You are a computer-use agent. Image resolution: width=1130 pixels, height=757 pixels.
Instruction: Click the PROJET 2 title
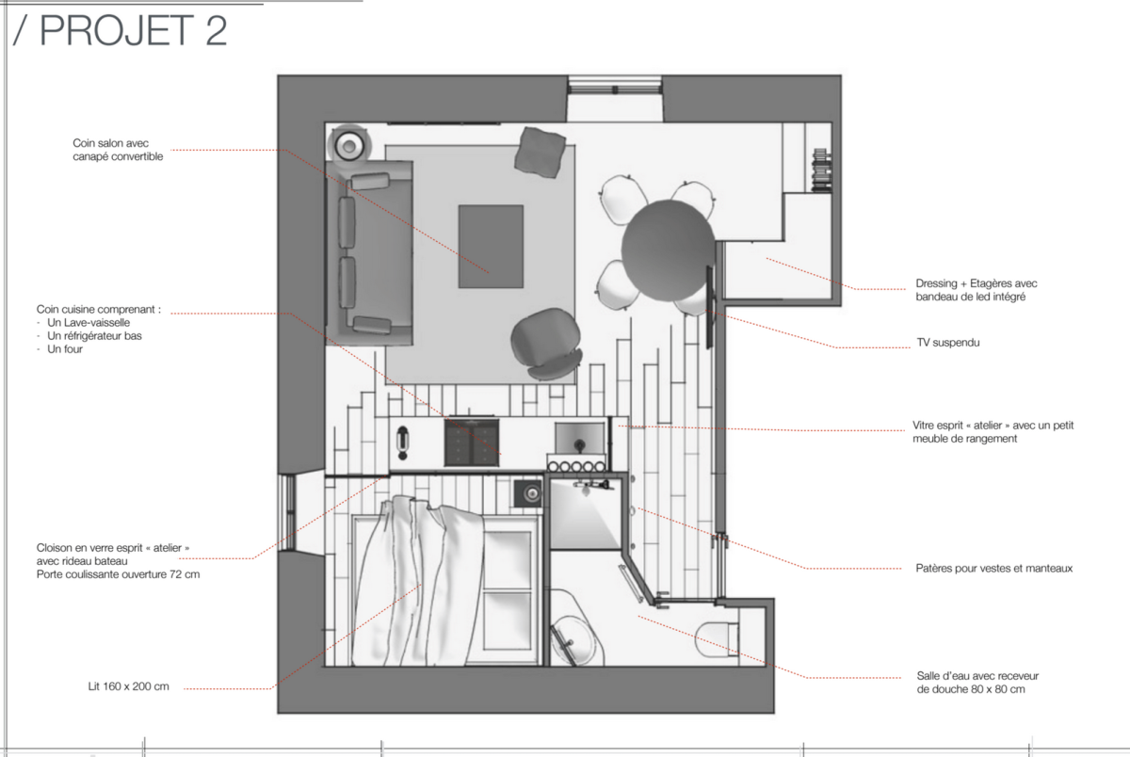(121, 31)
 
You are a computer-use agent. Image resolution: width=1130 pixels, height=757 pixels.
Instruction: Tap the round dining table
(668, 250)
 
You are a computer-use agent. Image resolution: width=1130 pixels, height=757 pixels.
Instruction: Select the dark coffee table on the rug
(491, 247)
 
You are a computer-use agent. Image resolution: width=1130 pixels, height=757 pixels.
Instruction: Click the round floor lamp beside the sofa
(349, 146)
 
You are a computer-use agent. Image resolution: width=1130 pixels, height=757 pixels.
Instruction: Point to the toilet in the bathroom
(717, 639)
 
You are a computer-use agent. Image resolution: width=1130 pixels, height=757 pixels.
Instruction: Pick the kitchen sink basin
(580, 438)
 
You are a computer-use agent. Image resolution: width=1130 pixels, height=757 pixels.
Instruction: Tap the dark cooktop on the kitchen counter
(472, 442)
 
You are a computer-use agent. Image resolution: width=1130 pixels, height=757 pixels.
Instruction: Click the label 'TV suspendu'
(948, 343)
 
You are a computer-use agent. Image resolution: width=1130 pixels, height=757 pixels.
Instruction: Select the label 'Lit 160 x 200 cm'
(128, 686)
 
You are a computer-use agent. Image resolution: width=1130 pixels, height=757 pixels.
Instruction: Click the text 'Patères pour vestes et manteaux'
(993, 569)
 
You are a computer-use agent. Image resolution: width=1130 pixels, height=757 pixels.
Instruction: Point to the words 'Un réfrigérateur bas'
(94, 336)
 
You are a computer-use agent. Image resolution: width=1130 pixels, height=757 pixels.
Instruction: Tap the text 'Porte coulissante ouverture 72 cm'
(118, 574)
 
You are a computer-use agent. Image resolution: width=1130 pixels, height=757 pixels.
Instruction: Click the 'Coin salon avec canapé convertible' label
(118, 150)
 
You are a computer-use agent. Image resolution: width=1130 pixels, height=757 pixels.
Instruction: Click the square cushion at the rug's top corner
(540, 153)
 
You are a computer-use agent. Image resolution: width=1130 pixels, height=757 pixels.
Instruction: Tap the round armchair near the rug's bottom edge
(546, 343)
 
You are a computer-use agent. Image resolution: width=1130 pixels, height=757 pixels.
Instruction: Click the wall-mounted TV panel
(709, 307)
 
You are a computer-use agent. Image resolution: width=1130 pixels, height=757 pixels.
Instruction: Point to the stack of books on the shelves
(821, 170)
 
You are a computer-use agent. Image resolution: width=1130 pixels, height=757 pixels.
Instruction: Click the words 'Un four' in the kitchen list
(65, 349)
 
